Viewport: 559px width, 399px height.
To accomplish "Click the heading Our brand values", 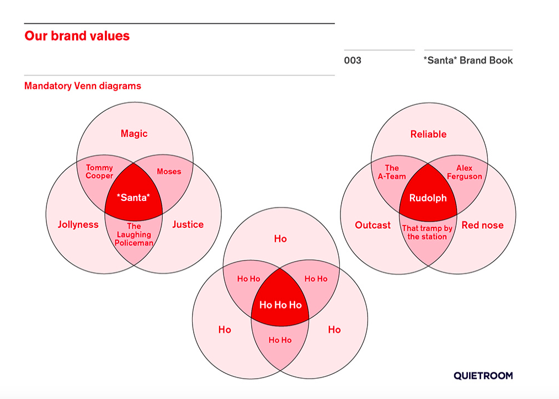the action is coord(77,36).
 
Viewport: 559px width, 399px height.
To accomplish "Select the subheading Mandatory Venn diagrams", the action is coord(83,86).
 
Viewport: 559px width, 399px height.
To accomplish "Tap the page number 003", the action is coord(353,60).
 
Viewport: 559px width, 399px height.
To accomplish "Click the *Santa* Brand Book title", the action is coord(468,60).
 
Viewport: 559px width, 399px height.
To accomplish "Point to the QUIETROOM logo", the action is coord(483,375).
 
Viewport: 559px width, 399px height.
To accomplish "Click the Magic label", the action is coord(134,134).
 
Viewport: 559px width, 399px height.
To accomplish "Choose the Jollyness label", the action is coord(78,225).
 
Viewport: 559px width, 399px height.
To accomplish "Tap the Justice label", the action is coord(188,225).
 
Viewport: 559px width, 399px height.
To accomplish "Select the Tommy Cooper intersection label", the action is coord(99,172).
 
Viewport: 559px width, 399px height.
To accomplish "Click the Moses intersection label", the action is coord(169,172).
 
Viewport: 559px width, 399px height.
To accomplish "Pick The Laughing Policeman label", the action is coord(134,235).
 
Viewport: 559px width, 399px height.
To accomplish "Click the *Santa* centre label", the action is coord(134,198).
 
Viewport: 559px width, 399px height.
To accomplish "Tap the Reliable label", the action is coord(428,135).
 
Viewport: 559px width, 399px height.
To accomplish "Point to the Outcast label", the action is coord(372,225).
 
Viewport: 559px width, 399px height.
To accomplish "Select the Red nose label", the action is coord(482,225).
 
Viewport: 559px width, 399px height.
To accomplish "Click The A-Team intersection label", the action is coord(392,172).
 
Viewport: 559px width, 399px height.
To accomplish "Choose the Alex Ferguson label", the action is coord(464,172).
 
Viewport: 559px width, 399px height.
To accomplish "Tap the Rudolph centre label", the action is coord(428,198).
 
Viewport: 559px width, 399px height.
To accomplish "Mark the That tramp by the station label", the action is coord(427,232).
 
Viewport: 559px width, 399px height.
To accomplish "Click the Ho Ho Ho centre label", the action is coord(280,305).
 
